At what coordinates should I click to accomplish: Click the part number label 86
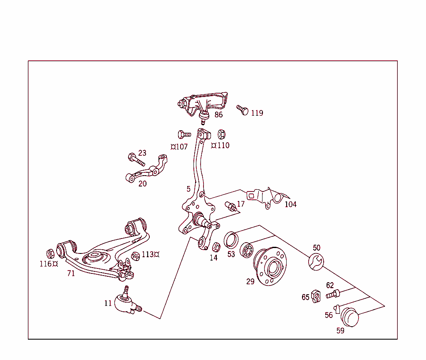[218, 115]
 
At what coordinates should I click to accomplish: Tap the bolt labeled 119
[243, 110]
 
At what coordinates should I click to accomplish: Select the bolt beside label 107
[183, 134]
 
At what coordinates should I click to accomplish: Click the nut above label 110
[222, 134]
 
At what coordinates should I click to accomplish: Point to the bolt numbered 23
[136, 159]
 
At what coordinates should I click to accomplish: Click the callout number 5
[188, 189]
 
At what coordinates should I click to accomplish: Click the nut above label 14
[215, 247]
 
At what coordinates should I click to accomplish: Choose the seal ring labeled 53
[231, 240]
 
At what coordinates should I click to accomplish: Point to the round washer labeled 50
[316, 262]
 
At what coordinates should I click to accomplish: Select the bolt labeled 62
[333, 294]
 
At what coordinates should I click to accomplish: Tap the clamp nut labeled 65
[316, 296]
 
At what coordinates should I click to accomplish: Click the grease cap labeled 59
[349, 317]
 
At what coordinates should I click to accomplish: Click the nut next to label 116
[50, 253]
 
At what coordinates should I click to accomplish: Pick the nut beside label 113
[135, 256]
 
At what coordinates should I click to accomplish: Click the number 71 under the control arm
[71, 273]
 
